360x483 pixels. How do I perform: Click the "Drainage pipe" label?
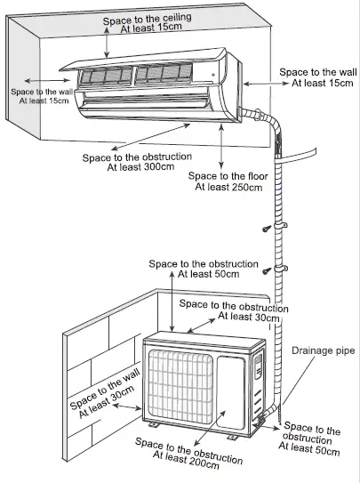pyautogui.click(x=322, y=351)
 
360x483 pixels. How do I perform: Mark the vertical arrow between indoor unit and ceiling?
pyautogui.click(x=108, y=45)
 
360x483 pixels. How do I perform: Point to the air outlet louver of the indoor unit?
pyautogui.click(x=151, y=111)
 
